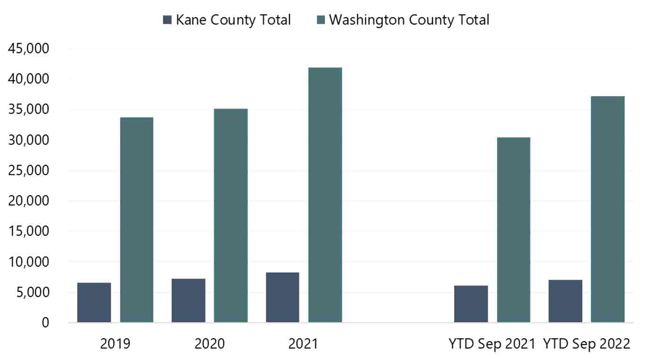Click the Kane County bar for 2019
point(94,302)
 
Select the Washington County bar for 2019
point(137,220)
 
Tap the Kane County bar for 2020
point(188,301)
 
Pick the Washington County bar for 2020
point(231,216)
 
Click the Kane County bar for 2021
point(282,297)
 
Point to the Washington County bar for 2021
point(325,195)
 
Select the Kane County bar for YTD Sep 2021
point(471,304)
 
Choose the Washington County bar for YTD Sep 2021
point(514,230)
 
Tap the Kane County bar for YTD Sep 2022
point(565,301)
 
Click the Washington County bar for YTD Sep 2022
point(607,209)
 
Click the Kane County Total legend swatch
point(167,20)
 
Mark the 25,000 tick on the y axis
point(29,170)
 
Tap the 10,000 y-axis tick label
point(29,262)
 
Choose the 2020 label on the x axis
point(209,343)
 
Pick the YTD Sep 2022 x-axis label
point(586,343)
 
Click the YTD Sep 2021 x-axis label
point(492,343)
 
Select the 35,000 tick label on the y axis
point(29,109)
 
